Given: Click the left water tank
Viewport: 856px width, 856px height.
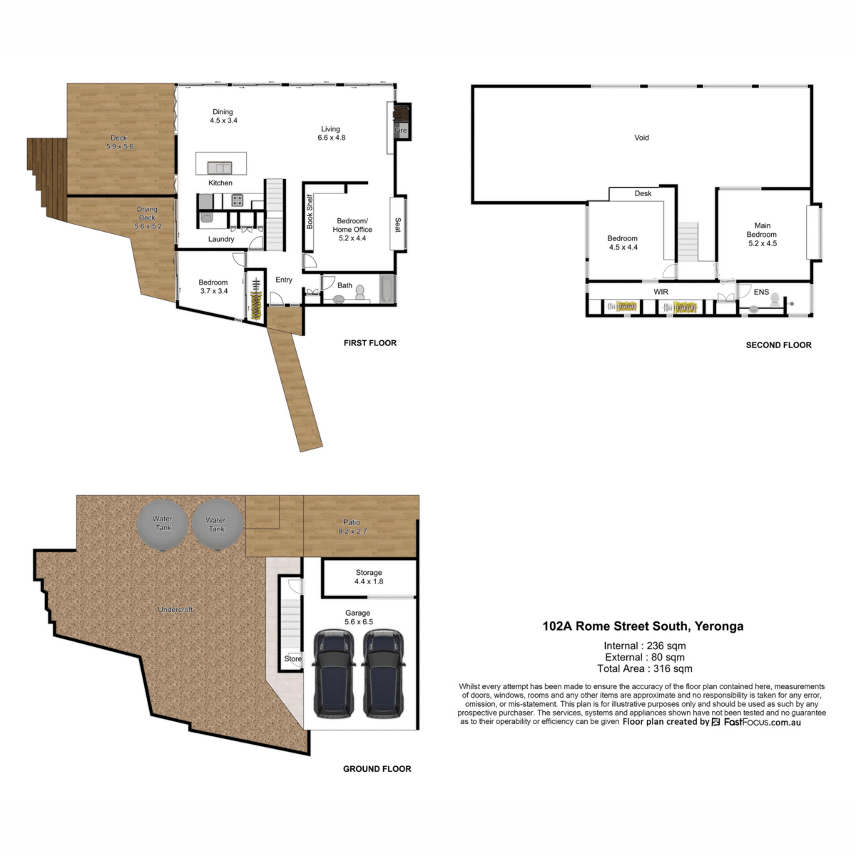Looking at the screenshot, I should [163, 524].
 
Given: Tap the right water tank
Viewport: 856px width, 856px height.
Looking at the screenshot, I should [216, 525].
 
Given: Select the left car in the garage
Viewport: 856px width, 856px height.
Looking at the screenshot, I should [334, 674].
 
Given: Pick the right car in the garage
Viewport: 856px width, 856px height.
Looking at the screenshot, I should [384, 674].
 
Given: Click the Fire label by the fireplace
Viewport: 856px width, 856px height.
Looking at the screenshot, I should [401, 131].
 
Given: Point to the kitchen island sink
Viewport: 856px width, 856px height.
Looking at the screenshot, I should [220, 168].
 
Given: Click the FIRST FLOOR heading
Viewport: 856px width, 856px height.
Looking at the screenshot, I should [370, 343].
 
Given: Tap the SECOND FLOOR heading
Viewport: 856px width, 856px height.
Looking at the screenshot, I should [778, 345].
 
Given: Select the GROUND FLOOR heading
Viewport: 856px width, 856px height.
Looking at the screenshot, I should [377, 769].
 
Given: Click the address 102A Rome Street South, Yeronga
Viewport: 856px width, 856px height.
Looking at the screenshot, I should [643, 626].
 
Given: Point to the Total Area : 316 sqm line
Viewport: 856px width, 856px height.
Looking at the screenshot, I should [644, 669].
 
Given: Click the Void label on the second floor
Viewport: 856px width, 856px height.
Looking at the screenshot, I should [641, 138].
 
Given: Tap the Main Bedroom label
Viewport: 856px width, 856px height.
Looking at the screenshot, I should [762, 234].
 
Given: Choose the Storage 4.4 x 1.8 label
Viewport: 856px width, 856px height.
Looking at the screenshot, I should [369, 577].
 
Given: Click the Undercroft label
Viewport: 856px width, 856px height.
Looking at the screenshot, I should [175, 610].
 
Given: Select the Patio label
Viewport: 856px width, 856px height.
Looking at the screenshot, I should [352, 526].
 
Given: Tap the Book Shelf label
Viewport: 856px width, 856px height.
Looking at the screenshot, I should [310, 212].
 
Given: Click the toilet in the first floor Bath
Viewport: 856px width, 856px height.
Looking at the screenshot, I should [360, 292].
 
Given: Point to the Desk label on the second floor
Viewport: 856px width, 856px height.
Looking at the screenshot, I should [643, 193].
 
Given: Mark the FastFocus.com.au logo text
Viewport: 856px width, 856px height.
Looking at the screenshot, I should [762, 722].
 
